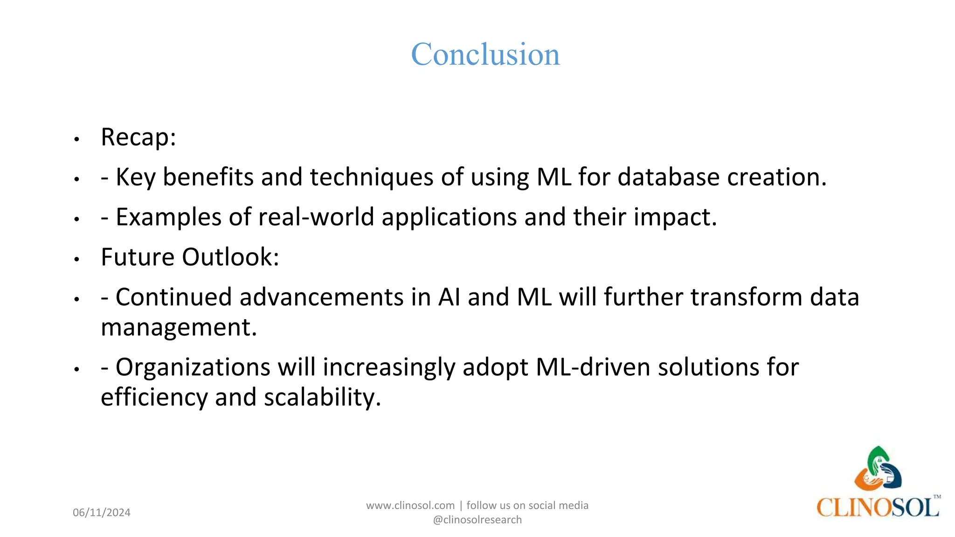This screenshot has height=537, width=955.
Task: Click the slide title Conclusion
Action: click(485, 55)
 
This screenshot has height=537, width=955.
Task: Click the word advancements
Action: click(321, 297)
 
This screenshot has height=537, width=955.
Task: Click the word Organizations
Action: click(193, 367)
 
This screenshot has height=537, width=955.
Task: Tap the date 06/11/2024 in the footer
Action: click(102, 513)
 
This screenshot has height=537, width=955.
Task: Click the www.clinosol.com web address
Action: click(410, 505)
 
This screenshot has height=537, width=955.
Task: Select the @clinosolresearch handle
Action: click(477, 520)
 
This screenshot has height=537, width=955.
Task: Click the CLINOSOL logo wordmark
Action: click(877, 507)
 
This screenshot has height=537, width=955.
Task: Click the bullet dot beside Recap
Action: click(77, 139)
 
